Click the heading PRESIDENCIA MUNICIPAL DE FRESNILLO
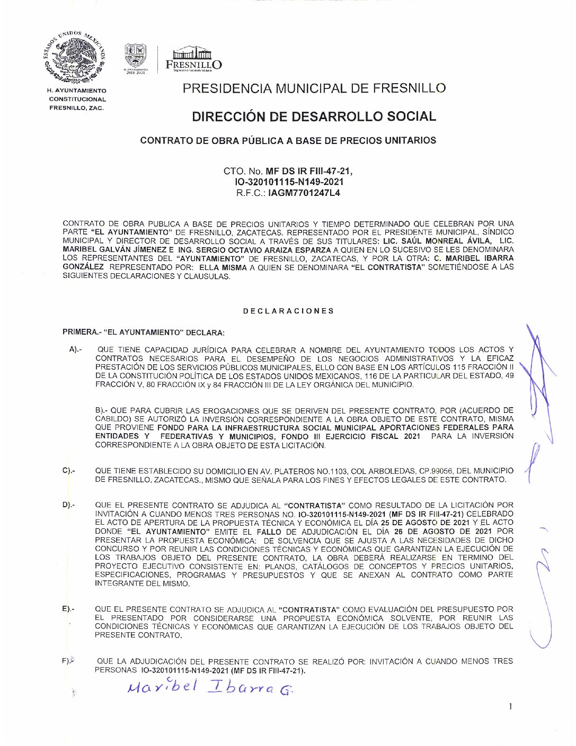pyautogui.click(x=314, y=88)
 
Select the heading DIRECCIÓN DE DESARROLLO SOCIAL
pyautogui.click(x=314, y=116)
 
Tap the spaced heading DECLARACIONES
pyautogui.click(x=289, y=311)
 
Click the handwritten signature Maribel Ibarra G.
pyautogui.click(x=210, y=688)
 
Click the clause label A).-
pyautogui.click(x=75, y=349)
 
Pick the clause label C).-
pyautogui.click(x=69, y=470)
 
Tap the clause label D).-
pyautogui.click(x=69, y=505)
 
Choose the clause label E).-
pyautogui.click(x=68, y=609)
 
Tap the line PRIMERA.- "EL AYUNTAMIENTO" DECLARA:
pyautogui.click(x=143, y=332)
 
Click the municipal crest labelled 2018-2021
pyautogui.click(x=135, y=58)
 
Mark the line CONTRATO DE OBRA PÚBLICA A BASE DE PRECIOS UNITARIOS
pyautogui.click(x=288, y=140)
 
